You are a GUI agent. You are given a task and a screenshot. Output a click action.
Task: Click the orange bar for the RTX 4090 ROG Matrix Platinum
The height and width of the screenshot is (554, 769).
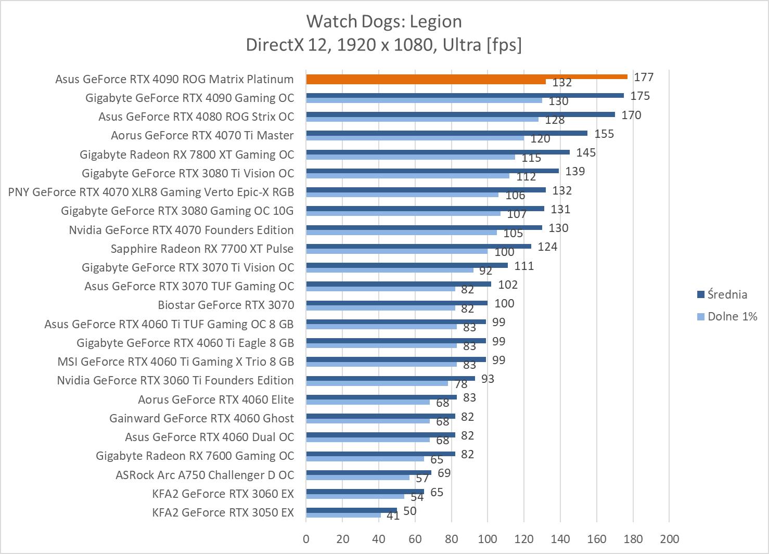click(467, 77)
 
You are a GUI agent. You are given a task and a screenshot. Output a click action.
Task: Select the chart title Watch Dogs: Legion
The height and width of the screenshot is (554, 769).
click(384, 21)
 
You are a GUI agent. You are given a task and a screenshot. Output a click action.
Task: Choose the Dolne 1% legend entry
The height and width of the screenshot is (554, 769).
click(732, 316)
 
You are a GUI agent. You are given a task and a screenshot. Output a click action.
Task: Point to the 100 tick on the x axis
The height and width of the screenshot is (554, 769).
click(488, 538)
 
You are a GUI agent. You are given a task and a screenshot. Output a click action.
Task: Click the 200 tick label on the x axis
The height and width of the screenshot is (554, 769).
click(669, 538)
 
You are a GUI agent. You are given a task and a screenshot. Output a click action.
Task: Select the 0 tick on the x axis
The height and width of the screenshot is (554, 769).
click(306, 538)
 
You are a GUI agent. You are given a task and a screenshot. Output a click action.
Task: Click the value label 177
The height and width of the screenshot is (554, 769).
click(644, 77)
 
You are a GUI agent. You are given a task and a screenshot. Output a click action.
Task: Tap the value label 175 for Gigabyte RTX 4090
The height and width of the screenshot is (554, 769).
click(640, 96)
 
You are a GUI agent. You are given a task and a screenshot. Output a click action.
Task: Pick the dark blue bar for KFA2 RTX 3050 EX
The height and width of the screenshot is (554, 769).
click(351, 510)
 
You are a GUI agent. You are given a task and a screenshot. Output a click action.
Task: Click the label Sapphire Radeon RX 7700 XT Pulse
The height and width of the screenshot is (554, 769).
click(202, 249)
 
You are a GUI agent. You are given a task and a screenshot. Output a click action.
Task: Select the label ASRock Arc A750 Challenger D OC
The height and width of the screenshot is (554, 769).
click(204, 475)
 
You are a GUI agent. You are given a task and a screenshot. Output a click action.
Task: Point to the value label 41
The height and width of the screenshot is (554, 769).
click(393, 516)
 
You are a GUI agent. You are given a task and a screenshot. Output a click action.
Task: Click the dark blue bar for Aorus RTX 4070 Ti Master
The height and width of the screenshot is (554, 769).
click(446, 133)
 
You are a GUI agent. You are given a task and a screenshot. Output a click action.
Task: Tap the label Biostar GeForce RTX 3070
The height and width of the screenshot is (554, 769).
click(226, 305)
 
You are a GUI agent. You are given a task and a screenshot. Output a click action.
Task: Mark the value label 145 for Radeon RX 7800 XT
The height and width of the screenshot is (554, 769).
click(586, 152)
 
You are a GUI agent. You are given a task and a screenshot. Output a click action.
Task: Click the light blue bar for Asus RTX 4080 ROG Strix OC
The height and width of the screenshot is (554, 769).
click(422, 119)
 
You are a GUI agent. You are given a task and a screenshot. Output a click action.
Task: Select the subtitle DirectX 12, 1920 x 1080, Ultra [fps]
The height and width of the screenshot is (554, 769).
click(384, 45)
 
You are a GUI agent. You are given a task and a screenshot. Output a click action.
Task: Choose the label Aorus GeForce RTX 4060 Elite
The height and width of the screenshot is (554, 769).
click(216, 400)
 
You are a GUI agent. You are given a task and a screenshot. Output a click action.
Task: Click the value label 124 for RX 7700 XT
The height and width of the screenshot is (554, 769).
click(547, 247)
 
